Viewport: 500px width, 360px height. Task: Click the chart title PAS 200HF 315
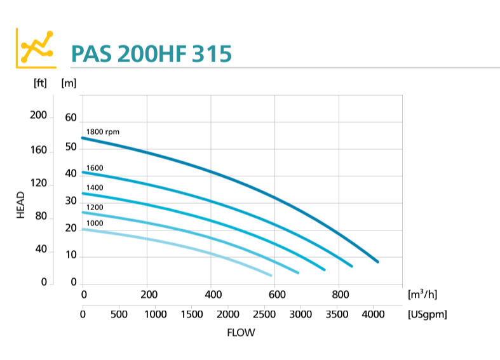(151, 54)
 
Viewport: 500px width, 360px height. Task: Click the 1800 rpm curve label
(102, 131)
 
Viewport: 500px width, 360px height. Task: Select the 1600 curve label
(95, 168)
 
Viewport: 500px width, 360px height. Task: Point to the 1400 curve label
(95, 187)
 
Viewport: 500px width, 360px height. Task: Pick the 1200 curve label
(95, 207)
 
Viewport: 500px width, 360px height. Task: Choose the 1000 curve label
(95, 223)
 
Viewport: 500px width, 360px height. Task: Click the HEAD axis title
(20, 204)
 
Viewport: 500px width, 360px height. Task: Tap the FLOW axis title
(241, 332)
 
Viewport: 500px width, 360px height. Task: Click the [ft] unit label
(39, 82)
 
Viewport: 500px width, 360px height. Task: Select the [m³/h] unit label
(422, 295)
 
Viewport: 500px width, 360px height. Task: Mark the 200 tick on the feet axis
(38, 115)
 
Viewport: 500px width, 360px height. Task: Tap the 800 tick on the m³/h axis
(340, 295)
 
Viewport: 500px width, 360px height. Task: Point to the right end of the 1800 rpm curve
(378, 262)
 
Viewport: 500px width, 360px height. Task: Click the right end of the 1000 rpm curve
(271, 276)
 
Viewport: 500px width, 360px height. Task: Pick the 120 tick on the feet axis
(38, 183)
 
